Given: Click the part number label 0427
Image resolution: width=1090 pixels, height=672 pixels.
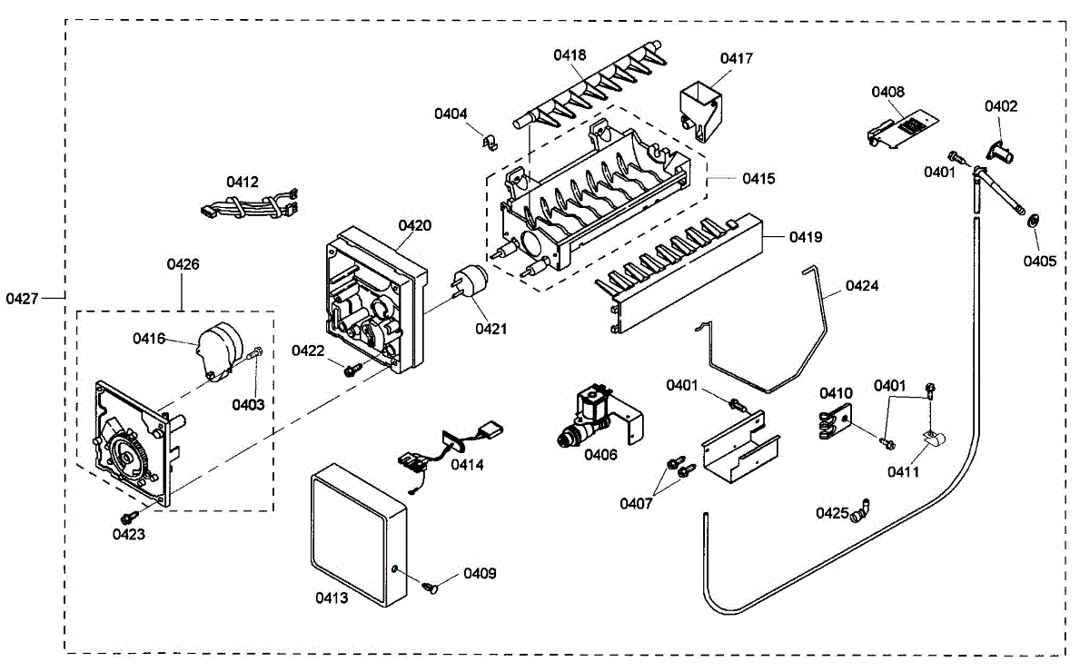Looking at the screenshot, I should point(23,297).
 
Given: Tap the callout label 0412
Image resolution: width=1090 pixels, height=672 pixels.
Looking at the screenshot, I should point(243,182).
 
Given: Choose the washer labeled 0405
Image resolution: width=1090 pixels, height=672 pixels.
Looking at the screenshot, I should point(1033,221).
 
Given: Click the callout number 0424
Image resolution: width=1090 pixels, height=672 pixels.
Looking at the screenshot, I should point(863,285).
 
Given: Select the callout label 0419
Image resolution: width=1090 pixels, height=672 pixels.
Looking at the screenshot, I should point(806,237).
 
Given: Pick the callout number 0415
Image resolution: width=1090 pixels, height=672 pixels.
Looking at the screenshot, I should point(758,179).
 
